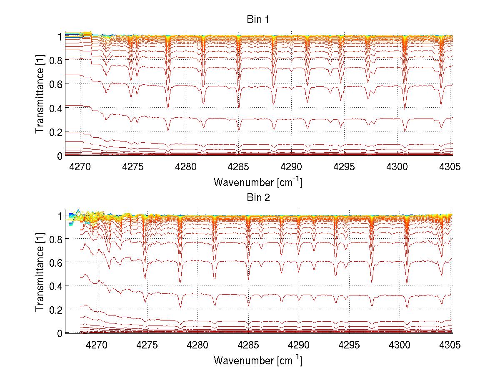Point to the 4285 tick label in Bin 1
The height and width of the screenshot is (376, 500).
click(x=239, y=167)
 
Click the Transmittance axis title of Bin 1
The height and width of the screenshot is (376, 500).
click(x=40, y=96)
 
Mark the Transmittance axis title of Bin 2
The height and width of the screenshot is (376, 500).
click(x=40, y=274)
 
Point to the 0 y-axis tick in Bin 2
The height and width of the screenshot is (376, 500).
click(x=60, y=333)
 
